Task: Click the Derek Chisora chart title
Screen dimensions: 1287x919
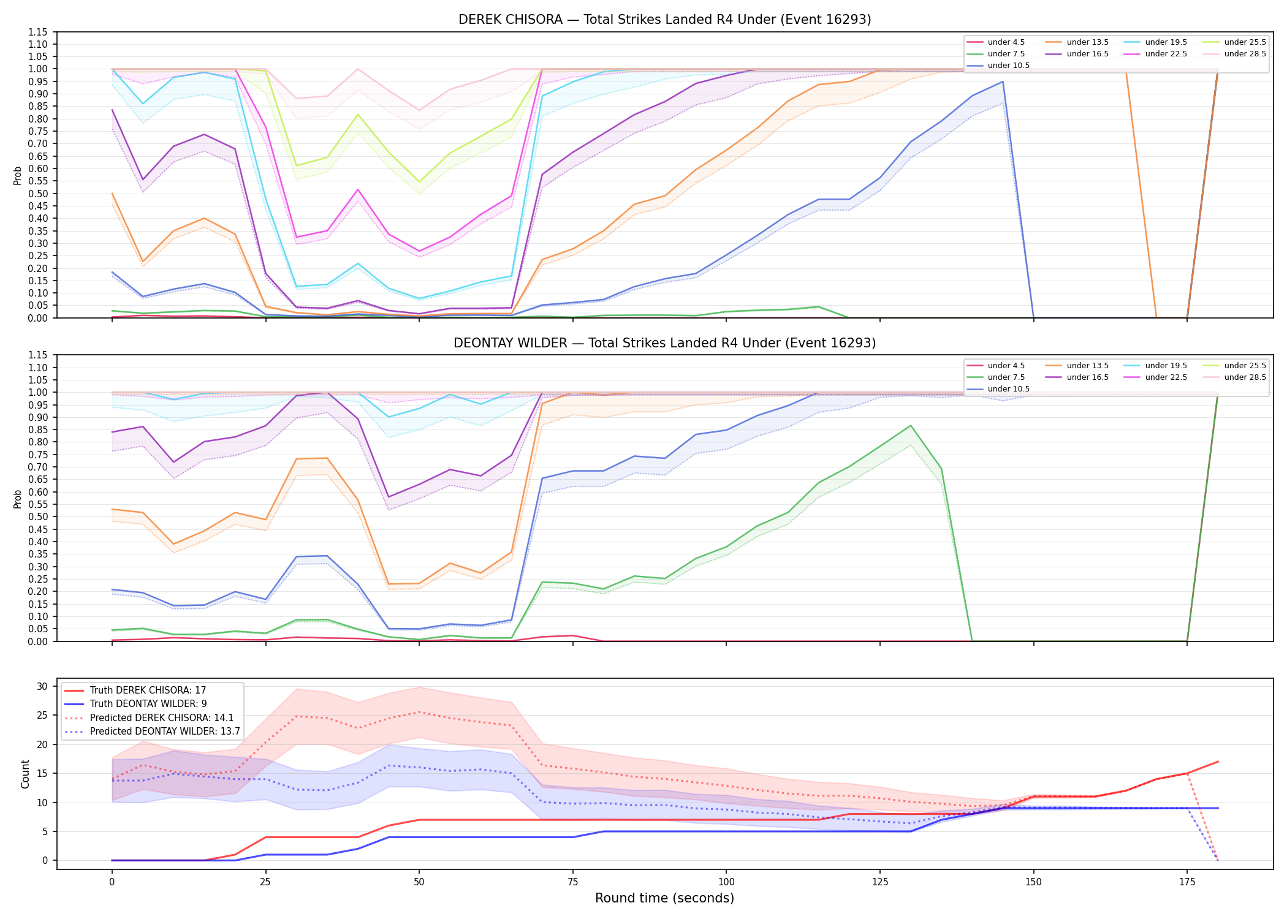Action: point(664,20)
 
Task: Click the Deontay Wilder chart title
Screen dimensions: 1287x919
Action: point(664,343)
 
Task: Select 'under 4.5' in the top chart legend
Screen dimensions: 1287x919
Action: point(1006,42)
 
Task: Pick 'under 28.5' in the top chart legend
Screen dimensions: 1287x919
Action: point(1245,54)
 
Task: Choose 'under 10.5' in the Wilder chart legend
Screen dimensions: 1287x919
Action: point(1008,389)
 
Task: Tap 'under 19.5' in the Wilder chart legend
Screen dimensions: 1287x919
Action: point(1166,366)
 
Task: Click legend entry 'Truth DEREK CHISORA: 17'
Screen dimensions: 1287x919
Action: point(148,690)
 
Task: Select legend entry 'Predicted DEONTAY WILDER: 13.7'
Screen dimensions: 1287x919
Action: point(165,732)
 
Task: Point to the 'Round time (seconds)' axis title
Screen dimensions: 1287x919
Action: point(664,898)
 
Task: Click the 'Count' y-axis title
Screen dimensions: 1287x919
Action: point(25,774)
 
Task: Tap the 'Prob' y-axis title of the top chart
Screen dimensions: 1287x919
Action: point(18,176)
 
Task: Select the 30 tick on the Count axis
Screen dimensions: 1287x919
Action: point(42,686)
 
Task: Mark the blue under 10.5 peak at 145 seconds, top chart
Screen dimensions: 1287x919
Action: point(1003,81)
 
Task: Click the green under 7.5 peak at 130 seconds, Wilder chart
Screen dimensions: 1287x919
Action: point(911,425)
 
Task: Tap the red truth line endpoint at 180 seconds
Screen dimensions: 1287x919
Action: point(1218,762)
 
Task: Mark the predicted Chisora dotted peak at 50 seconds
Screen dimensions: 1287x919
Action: point(419,712)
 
